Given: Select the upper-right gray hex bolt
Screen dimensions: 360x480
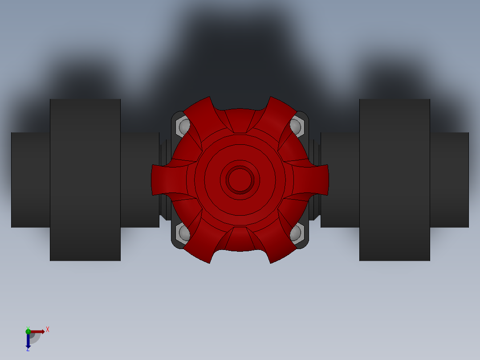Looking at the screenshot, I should [298, 126].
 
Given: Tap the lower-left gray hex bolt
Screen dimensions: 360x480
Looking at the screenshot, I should [182, 233].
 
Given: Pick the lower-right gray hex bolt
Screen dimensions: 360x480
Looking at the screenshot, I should [298, 233].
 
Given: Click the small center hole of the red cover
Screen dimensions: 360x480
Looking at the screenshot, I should [240, 180].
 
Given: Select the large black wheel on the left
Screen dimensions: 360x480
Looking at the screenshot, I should [85, 180].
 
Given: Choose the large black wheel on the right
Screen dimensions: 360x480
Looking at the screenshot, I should [395, 180].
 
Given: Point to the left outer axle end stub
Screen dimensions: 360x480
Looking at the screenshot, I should [30, 180].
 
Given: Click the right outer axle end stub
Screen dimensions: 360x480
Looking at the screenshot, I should [449, 180].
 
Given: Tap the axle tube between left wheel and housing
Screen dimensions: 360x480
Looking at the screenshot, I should [139, 180].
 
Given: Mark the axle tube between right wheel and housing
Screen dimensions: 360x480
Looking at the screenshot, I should [340, 180].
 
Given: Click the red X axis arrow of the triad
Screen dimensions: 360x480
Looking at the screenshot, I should [37, 331].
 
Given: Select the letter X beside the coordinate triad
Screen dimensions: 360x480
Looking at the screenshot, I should [48, 330].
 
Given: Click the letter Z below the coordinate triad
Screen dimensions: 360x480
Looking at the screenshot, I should [28, 349].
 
